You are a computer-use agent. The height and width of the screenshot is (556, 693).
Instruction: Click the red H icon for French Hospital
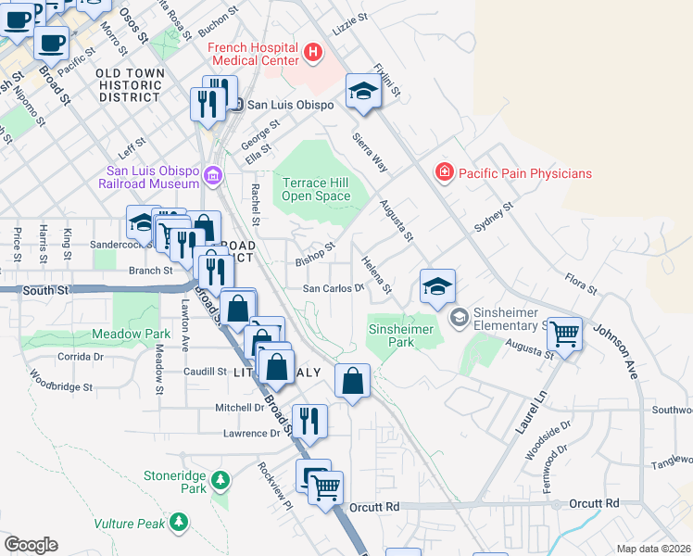pos(314,53)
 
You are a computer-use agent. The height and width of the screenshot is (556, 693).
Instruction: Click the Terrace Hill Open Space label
pos(316,189)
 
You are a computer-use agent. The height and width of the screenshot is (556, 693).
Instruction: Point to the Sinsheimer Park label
pos(403,329)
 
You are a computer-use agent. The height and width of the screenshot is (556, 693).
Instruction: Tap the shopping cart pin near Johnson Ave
pos(564,334)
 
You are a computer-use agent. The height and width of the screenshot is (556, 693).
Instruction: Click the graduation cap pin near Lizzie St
pos(363,92)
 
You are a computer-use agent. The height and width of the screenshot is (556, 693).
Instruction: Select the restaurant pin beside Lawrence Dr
pos(309,421)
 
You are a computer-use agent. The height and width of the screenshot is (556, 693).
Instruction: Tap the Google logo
pos(31,544)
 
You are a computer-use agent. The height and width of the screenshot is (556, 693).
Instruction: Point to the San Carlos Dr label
pos(334,288)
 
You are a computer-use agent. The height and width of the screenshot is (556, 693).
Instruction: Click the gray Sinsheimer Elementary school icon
pos(459,318)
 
